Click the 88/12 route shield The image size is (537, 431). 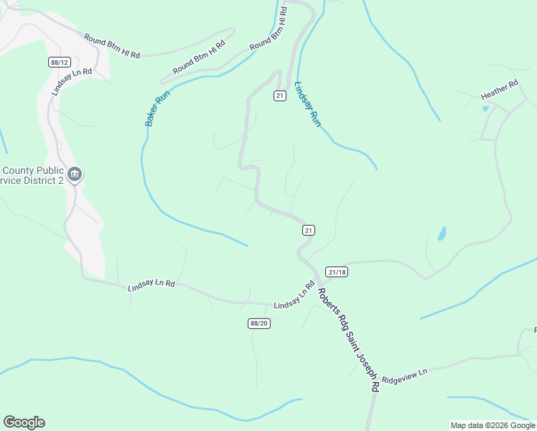pos(59,62)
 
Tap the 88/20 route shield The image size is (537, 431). pos(259,324)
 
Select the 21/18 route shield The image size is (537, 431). pos(336,272)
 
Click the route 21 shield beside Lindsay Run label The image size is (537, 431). pos(280,96)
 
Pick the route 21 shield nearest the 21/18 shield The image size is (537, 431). pos(308,230)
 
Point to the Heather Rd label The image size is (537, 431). pos(499,91)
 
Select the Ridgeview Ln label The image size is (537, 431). pos(404,375)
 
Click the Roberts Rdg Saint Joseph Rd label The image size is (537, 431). pos(348,339)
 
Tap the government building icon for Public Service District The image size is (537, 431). pos(75,175)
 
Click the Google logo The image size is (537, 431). pos(24,422)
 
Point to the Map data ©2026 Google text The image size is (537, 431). pos(492,425)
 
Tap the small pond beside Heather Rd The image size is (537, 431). pos(486,108)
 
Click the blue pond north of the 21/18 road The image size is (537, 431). pos(442,233)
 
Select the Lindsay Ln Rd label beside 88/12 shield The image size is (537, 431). pos(73,82)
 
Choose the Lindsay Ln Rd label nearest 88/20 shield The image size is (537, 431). pos(294,296)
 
